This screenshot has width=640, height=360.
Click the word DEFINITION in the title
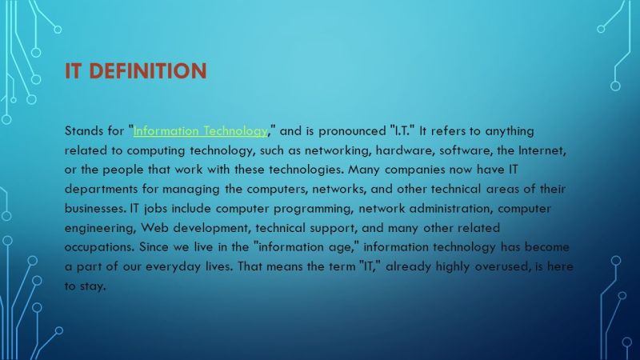coord(148,70)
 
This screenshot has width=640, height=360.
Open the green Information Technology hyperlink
coord(201,131)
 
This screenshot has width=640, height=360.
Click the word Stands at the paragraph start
coord(84,131)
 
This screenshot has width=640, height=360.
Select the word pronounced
coord(352,131)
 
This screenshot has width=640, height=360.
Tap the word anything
coord(510,131)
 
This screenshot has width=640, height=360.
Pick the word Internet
coord(542,150)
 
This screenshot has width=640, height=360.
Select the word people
coord(122,170)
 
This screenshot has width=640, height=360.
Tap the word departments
coord(102,189)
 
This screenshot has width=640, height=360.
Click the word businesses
coord(95,209)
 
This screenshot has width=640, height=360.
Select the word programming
coord(313,209)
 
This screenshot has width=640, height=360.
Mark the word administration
coord(451,209)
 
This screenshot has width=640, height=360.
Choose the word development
coord(211,228)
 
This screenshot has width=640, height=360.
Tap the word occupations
coord(99,247)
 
